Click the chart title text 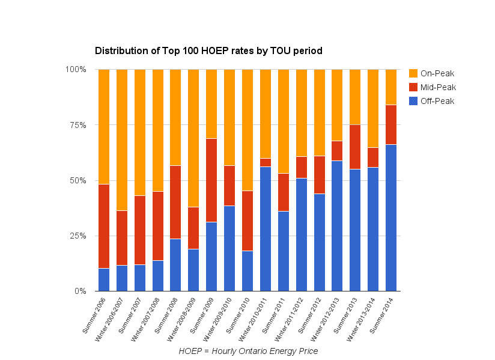click(208, 51)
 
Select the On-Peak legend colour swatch click(413, 73)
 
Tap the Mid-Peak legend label click(437, 87)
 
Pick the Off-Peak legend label click(437, 101)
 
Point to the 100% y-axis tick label click(76, 70)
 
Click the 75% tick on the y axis click(78, 125)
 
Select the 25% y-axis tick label click(78, 236)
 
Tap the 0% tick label click(80, 291)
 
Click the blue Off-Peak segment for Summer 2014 click(391, 218)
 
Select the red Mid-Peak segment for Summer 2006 click(104, 226)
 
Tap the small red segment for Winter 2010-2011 click(265, 162)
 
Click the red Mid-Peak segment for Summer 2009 click(211, 180)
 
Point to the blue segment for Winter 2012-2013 click(337, 225)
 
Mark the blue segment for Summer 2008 click(175, 264)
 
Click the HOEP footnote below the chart click(248, 351)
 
